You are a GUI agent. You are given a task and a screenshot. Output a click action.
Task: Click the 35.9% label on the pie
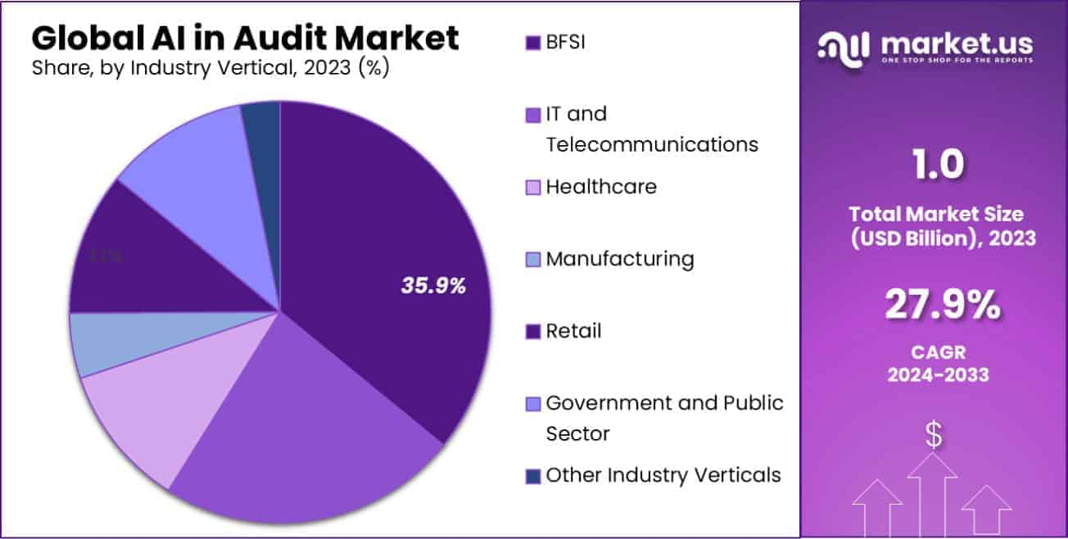pos(433,286)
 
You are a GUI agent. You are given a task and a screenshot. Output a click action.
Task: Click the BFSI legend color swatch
pos(533,43)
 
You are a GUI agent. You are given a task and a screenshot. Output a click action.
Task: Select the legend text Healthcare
pos(601,187)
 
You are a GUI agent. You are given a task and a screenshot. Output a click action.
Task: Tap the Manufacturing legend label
pos(620,259)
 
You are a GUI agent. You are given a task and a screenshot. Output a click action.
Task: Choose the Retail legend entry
pos(573,331)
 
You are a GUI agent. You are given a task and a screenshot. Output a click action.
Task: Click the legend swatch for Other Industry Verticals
pos(533,475)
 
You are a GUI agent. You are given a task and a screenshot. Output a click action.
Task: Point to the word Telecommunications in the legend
pos(652,144)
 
